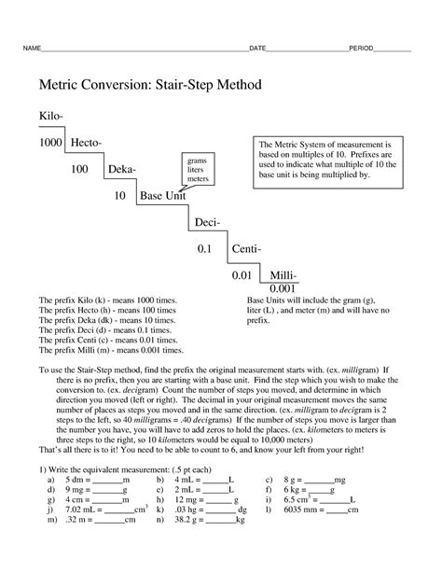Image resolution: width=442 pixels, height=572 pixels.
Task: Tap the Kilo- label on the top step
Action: [51, 115]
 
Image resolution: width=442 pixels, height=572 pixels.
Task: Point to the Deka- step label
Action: [121, 169]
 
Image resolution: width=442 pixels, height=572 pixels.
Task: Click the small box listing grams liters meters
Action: [198, 170]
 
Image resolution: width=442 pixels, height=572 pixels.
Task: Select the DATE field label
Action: [258, 48]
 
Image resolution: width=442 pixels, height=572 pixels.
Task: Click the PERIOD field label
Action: [363, 48]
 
